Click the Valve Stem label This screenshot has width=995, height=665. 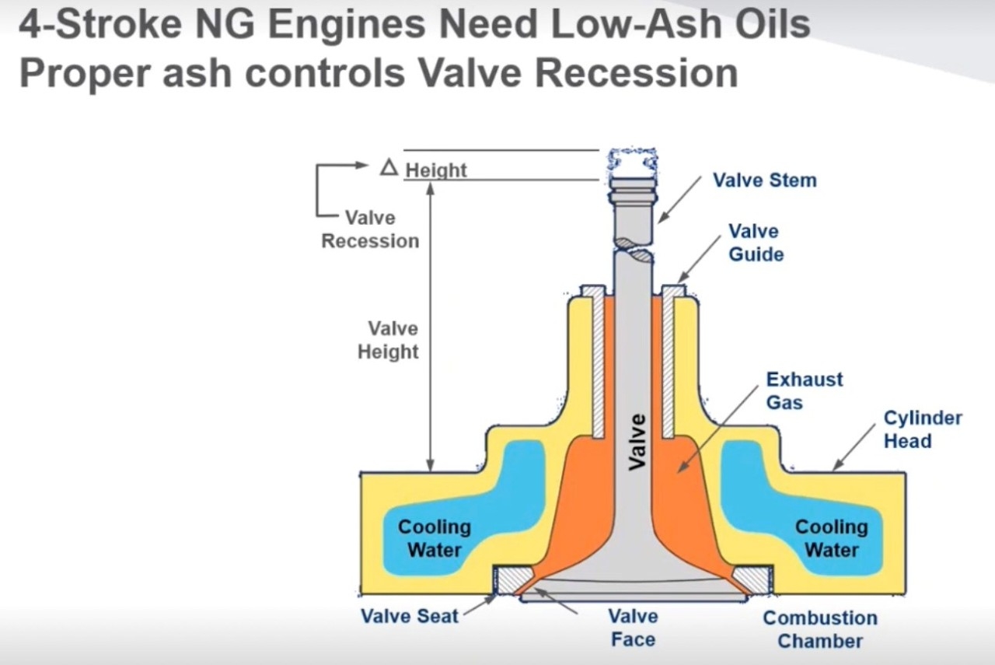click(x=764, y=180)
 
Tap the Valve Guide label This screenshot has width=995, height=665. click(x=756, y=243)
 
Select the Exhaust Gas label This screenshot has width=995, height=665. click(x=804, y=390)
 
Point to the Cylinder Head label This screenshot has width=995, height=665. click(x=922, y=429)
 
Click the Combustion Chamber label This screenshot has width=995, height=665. click(x=820, y=629)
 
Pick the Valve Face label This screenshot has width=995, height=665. click(x=633, y=628)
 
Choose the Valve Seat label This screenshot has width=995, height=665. click(x=409, y=616)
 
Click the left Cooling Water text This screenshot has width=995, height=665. click(x=435, y=538)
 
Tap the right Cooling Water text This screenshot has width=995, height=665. click(x=831, y=538)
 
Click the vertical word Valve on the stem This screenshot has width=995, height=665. click(x=637, y=442)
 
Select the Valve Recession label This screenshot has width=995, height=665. click(x=370, y=229)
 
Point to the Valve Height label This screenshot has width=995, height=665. click(x=388, y=340)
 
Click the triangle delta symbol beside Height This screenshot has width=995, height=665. click(x=389, y=167)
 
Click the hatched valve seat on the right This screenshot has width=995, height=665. click(x=752, y=579)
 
